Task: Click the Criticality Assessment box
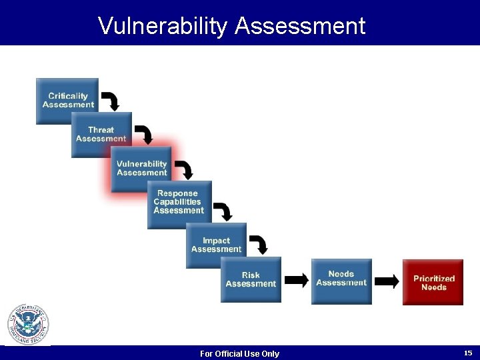(67, 101)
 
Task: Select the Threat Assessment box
(101, 135)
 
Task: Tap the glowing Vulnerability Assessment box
(141, 169)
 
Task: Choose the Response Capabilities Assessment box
(179, 203)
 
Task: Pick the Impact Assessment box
(216, 245)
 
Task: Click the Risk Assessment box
(251, 279)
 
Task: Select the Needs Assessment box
(341, 279)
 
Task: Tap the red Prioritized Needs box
(433, 283)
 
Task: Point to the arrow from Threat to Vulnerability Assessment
(145, 133)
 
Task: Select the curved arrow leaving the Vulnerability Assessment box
(185, 169)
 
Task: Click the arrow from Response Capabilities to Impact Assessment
(224, 211)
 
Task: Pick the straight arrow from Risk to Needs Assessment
(297, 280)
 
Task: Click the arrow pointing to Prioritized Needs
(387, 281)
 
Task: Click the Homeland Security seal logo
(28, 325)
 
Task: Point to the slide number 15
(467, 353)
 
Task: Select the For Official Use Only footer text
(239, 353)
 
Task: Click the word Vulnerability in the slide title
(163, 25)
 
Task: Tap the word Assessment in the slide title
(300, 25)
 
